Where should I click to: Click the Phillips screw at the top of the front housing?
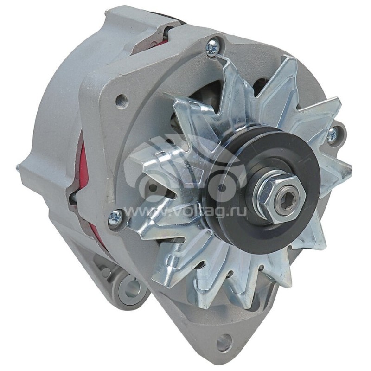(x=212, y=47)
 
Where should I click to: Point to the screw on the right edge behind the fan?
(x=332, y=135)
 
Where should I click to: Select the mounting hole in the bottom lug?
(x=224, y=342)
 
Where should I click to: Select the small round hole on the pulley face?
(x=222, y=188)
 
